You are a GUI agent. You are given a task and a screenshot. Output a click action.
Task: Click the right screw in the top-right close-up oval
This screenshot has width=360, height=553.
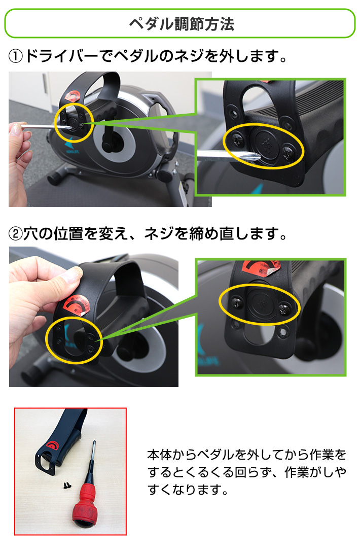click(289, 150)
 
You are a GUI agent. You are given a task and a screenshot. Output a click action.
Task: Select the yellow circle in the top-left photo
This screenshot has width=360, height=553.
click(75, 122)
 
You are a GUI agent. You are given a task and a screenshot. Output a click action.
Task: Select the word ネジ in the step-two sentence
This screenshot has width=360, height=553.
click(160, 234)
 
